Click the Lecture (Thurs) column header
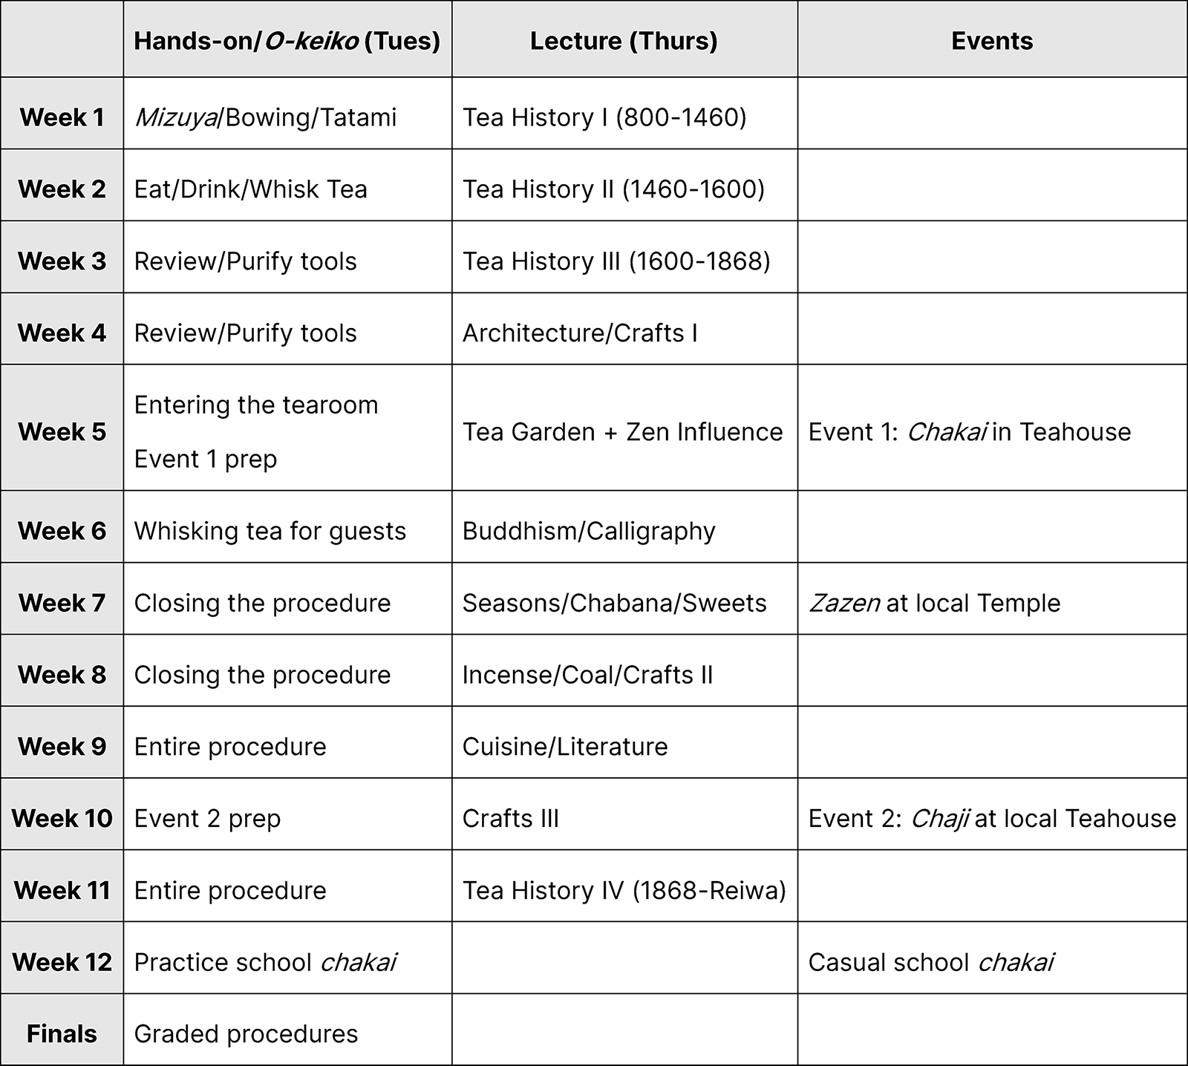point(624,41)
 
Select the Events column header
point(992,41)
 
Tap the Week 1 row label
point(62,117)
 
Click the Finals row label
point(62,1033)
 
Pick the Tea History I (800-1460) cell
point(604,117)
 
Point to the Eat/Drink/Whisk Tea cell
point(251,189)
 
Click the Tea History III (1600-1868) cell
point(616,261)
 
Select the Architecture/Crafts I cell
point(580,333)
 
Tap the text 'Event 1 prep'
point(206,460)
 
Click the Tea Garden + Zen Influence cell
point(622,432)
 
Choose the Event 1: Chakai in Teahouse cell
point(969,432)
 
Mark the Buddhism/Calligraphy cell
point(589,532)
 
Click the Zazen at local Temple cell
point(934,603)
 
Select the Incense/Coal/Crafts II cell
point(587,675)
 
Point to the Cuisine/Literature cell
point(565,747)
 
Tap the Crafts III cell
point(510,819)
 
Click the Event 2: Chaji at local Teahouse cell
point(991,819)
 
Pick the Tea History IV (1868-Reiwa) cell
point(624,890)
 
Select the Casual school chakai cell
point(930,962)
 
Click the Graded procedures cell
point(246,1033)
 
